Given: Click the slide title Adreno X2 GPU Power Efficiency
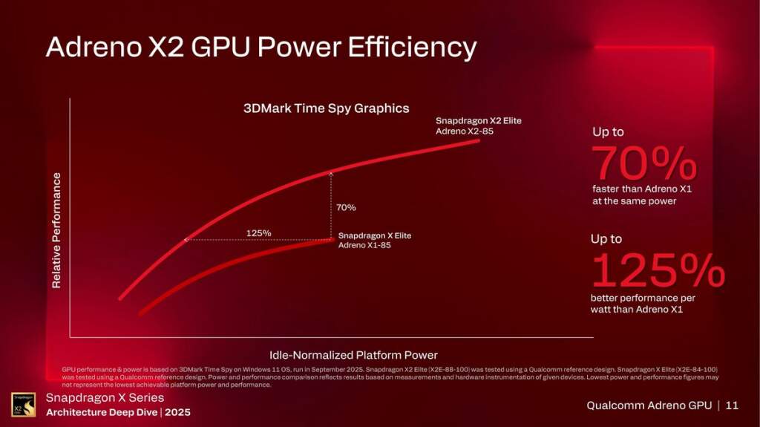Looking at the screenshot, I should (x=261, y=48).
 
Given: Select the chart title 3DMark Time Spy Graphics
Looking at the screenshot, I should (x=327, y=108).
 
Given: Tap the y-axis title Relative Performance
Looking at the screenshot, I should (x=56, y=230).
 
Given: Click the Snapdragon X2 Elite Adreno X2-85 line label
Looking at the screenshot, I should (x=479, y=126).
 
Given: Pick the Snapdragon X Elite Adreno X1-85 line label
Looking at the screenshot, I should (x=374, y=240).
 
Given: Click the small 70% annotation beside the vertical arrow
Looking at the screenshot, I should (x=346, y=207).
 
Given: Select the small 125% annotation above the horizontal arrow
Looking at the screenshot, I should (x=258, y=233).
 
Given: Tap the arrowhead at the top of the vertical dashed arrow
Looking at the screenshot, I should (x=331, y=172).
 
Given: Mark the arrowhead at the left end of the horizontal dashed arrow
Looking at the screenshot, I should (x=186, y=240).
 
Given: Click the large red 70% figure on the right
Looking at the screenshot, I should (x=643, y=164).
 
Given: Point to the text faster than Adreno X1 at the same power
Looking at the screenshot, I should (x=642, y=195).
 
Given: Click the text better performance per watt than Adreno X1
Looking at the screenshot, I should (x=643, y=304).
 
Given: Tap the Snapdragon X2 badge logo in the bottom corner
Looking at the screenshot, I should (x=23, y=405).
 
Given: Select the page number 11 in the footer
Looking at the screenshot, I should (x=732, y=405).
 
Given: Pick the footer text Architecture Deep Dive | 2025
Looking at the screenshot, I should (x=118, y=412).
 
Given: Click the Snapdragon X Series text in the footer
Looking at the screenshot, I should (x=105, y=398).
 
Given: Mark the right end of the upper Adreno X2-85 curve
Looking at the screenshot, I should (x=479, y=140).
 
